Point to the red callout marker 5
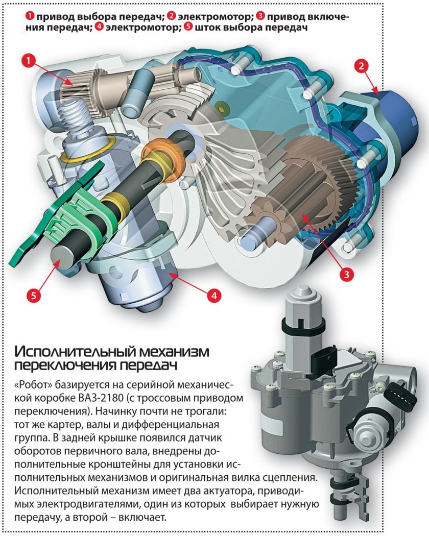click(33, 295)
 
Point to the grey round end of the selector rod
click(64, 255)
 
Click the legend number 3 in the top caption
click(262, 16)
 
